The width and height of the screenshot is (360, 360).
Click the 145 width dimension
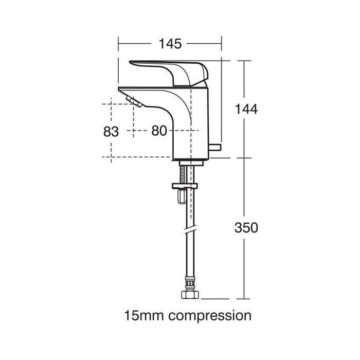pos(170,44)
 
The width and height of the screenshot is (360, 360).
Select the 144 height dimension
pos(246,109)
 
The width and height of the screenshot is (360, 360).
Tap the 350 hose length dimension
pos(246,228)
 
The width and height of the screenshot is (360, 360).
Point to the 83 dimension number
pos(111,132)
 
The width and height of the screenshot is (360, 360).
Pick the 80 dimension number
pos(159,131)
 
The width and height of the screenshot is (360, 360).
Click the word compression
pos(210,316)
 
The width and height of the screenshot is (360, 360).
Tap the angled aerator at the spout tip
pos(134,102)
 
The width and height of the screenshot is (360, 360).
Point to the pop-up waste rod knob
pos(215,147)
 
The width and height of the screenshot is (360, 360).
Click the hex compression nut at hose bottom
pos(190,295)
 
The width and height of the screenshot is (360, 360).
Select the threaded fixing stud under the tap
pos(183,174)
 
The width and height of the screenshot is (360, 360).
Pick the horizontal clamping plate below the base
pos(185,186)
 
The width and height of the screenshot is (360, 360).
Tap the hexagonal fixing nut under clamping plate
pos(182,196)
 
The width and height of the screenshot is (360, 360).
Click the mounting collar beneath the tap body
pos(191,163)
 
